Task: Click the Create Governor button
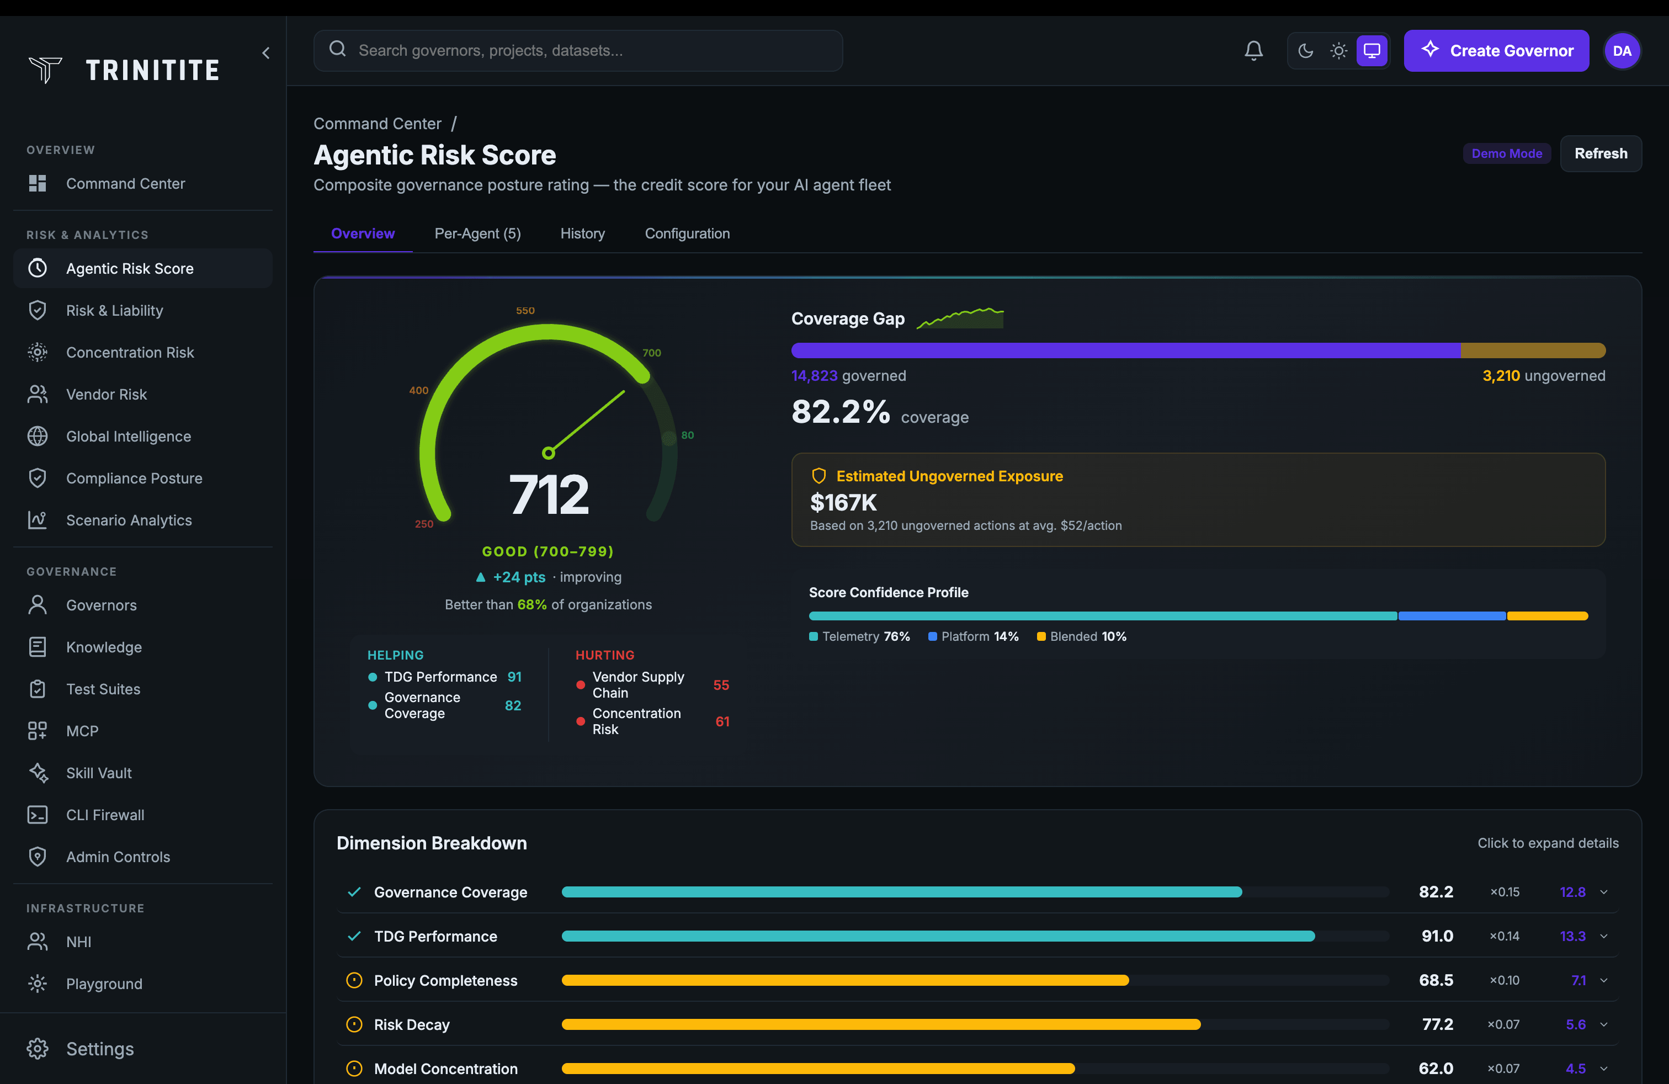[x=1496, y=50]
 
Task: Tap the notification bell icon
[x=1253, y=50]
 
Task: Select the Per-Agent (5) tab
[x=477, y=233]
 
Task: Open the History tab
[x=582, y=233]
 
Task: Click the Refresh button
[x=1600, y=153]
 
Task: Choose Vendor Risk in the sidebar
[x=106, y=394]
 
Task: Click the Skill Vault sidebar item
[x=98, y=773]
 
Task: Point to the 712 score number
[x=549, y=495]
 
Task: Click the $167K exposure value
[x=843, y=503]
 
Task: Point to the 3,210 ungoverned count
[x=1501, y=376]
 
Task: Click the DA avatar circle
[x=1622, y=50]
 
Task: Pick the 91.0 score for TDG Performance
[x=1436, y=936]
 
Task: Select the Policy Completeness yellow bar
[x=844, y=980]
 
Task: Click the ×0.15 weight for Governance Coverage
[x=1504, y=892]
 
